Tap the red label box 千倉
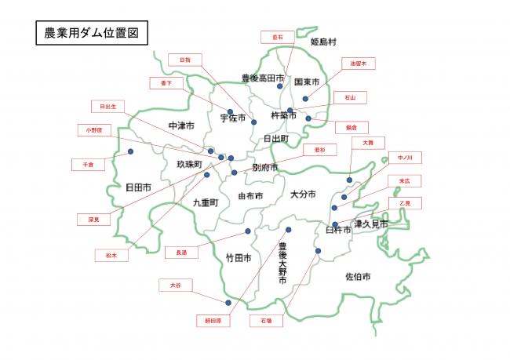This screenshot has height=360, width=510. click(88, 165)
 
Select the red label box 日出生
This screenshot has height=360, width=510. click(107, 106)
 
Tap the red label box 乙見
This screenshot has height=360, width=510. click(405, 203)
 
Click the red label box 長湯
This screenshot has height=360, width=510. click(182, 252)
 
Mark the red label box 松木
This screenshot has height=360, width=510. click(111, 255)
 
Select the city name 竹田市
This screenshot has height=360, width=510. click(238, 257)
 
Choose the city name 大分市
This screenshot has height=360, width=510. click(302, 194)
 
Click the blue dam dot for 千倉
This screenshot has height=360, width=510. click(130, 151)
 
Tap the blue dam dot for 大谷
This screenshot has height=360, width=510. click(228, 303)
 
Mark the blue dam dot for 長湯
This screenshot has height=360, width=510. click(248, 231)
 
